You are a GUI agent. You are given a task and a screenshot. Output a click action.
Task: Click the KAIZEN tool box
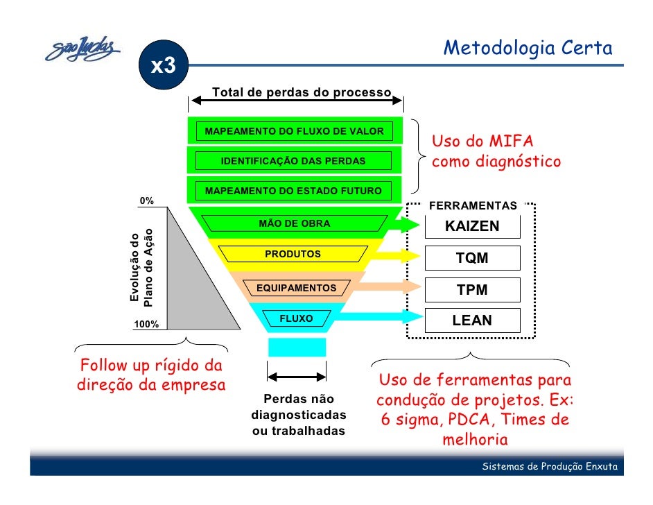471,227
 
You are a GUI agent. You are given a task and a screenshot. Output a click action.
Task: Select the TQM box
471,258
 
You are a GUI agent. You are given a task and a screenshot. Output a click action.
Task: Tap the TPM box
471,290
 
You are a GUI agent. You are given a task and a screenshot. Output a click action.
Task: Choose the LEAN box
471,320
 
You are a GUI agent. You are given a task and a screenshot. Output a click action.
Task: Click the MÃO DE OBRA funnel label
294,223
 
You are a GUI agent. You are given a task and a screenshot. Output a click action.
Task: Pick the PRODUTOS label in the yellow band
293,255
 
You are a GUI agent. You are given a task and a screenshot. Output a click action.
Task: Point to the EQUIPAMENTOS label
296,288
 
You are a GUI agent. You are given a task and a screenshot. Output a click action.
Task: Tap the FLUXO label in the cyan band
296,318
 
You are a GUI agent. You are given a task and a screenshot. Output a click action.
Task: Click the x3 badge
164,66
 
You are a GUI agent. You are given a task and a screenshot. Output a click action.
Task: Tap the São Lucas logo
82,49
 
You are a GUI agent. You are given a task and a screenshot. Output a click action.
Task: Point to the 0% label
147,201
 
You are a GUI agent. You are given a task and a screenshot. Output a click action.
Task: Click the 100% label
146,324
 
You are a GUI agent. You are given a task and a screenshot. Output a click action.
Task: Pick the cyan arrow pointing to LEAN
381,316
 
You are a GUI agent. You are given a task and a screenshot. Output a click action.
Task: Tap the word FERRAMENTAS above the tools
473,206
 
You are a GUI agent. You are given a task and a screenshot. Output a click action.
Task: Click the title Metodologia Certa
528,49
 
